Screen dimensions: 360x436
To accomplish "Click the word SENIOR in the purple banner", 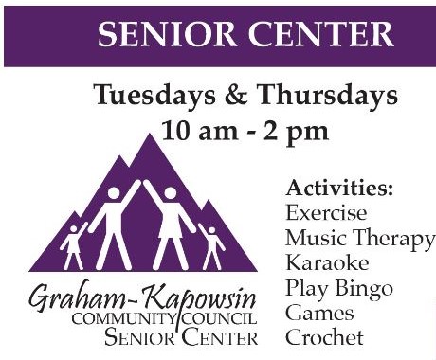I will [157, 36].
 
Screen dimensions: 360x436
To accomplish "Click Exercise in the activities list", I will [325, 212].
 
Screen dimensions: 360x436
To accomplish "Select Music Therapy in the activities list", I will [359, 237].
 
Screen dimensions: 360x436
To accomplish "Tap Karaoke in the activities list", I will [327, 262].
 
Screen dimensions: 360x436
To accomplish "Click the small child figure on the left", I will [73, 244].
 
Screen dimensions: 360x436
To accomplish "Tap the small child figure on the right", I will [211, 246].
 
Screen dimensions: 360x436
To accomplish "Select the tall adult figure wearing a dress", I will [170, 224].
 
